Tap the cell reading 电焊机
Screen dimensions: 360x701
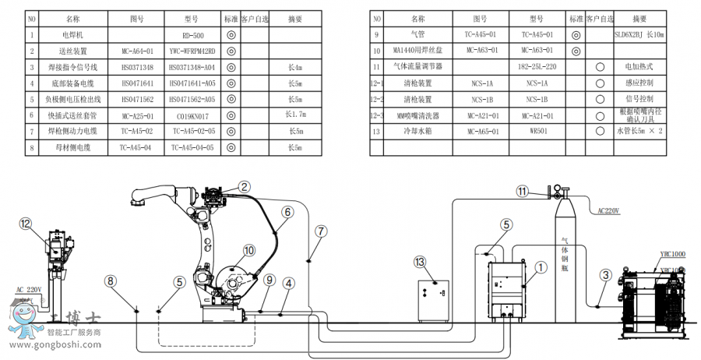[x=72, y=35]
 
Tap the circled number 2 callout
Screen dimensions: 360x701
[x=245, y=186]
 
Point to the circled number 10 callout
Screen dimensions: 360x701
[x=249, y=251]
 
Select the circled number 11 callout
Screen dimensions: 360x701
[x=523, y=191]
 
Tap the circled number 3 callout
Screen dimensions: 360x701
[x=605, y=274]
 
